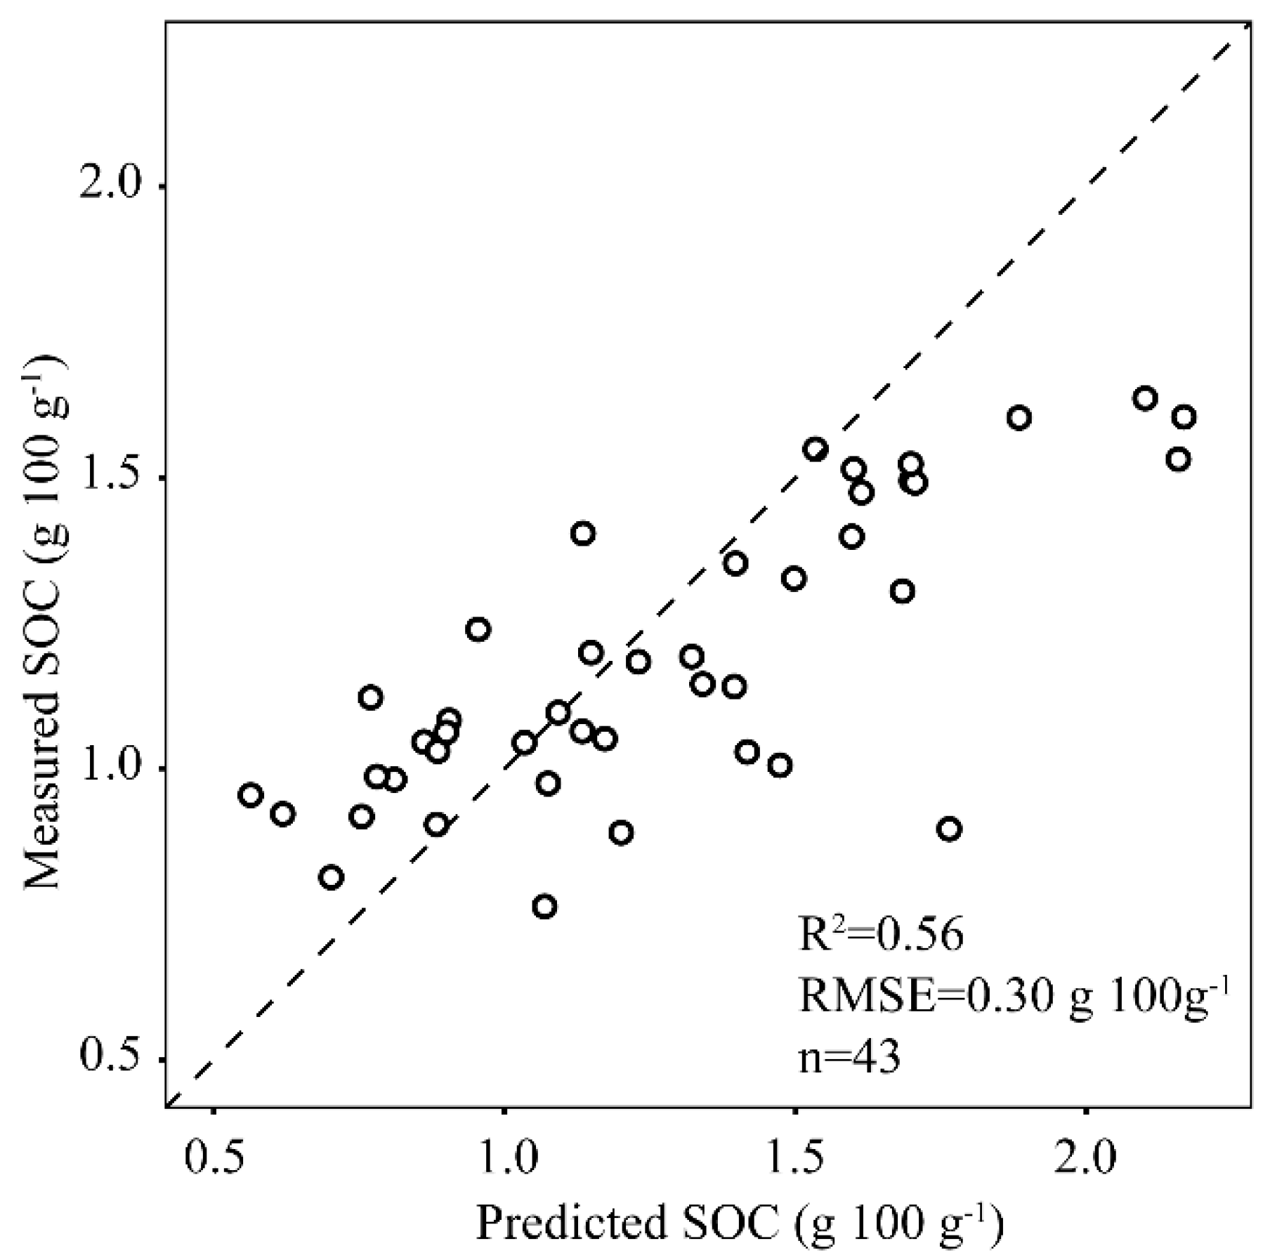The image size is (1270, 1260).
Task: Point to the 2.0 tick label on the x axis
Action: (1086, 1160)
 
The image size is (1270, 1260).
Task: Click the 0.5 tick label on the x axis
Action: (214, 1160)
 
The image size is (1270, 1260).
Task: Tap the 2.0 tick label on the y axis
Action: (111, 187)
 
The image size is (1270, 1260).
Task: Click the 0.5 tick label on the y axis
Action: (111, 1060)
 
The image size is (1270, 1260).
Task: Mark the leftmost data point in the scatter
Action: (250, 795)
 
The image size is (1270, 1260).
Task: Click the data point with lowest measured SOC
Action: (544, 906)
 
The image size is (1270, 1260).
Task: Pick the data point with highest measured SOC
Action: (1145, 398)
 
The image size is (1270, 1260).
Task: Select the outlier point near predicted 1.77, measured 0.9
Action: (949, 829)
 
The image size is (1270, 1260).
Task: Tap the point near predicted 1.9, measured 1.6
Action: (1019, 418)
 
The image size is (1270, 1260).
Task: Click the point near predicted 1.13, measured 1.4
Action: (583, 533)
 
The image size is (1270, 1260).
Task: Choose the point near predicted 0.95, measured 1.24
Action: (478, 629)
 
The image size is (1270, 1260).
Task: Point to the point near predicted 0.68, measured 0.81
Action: (331, 877)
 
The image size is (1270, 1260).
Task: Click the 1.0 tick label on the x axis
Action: (504, 1160)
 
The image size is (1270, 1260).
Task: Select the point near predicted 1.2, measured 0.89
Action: (621, 833)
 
